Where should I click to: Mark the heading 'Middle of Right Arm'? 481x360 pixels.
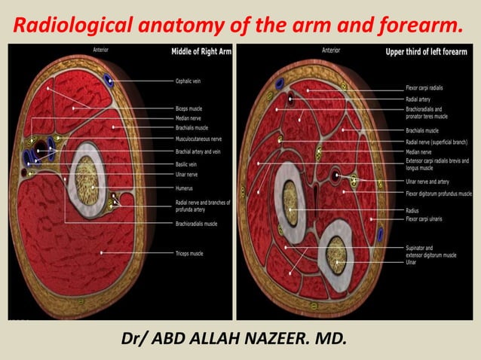(x=198, y=53)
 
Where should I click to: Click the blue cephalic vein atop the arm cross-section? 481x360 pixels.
(x=112, y=80)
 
